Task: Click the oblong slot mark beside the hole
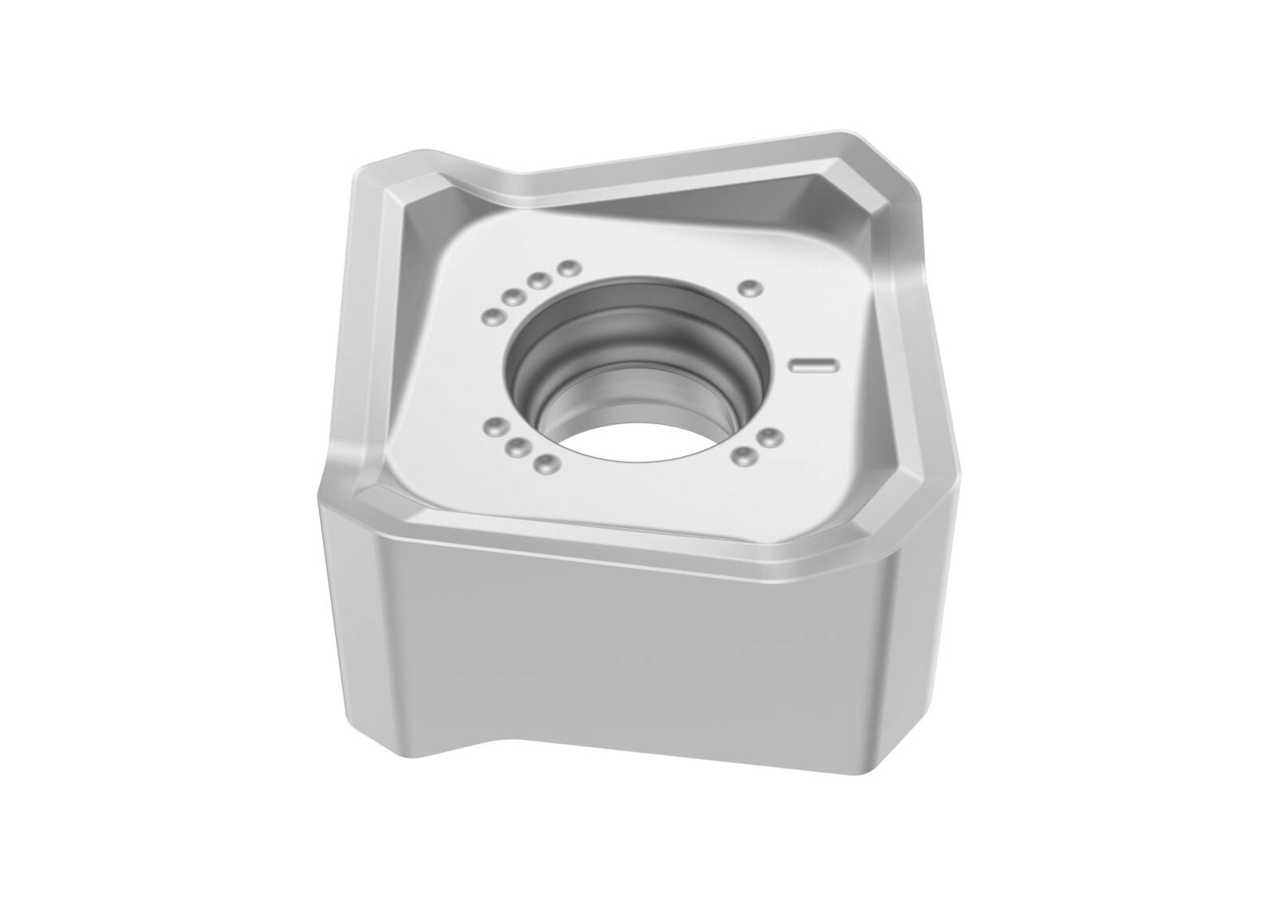(813, 365)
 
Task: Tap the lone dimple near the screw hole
(747, 288)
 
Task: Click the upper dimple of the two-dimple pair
(770, 437)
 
